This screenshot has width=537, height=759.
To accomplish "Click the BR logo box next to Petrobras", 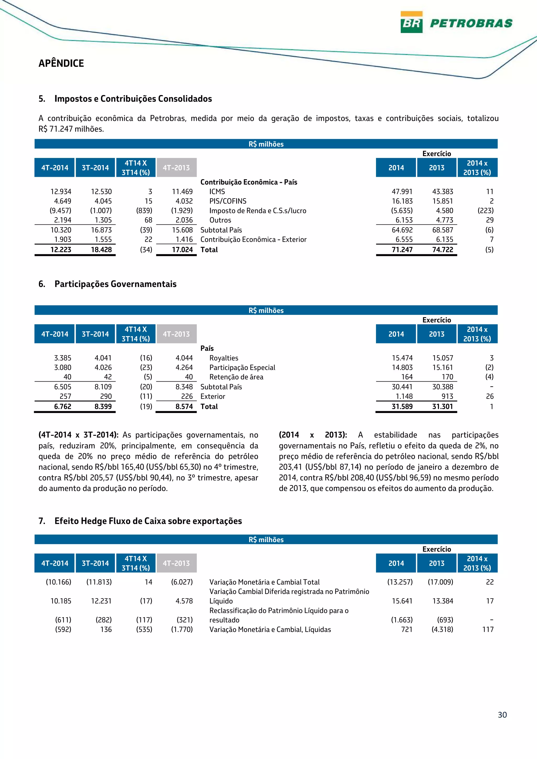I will pyautogui.click(x=411, y=22).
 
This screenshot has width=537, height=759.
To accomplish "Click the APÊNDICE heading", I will pyautogui.click(x=61, y=63).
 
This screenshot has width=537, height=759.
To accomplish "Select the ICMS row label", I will pyautogui.click(x=217, y=192).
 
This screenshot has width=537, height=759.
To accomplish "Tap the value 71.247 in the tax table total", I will pyautogui.click(x=402, y=250).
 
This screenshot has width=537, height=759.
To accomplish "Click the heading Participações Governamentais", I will pyautogui.click(x=115, y=284).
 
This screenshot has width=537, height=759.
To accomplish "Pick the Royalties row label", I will pyautogui.click(x=224, y=358).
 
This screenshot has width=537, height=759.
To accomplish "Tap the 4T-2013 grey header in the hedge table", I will pyautogui.click(x=176, y=563).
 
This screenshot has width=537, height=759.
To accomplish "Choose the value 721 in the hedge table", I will pyautogui.click(x=407, y=629).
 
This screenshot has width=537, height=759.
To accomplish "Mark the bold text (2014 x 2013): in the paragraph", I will pyautogui.click(x=313, y=435).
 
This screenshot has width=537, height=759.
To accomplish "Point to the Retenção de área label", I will pyautogui.click(x=236, y=377).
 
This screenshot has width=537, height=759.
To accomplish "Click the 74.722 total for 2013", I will pyautogui.click(x=442, y=250).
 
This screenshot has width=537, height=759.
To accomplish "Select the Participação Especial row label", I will pyautogui.click(x=242, y=368).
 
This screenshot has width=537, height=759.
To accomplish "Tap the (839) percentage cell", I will pyautogui.click(x=144, y=211).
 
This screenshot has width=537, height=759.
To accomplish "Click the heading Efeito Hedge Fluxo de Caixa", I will pyautogui.click(x=148, y=521).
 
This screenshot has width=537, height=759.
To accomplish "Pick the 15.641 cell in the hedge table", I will pyautogui.click(x=402, y=601).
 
